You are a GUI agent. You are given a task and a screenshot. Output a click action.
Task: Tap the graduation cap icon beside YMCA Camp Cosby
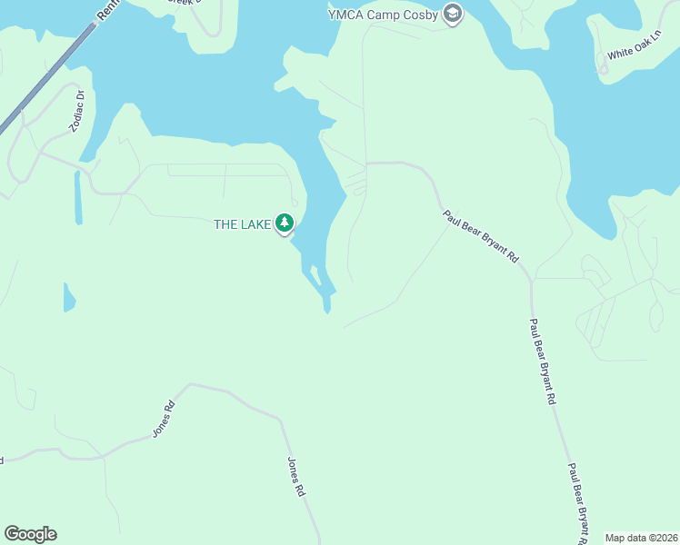click(x=453, y=14)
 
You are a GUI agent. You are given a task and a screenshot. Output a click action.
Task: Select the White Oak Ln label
click(x=633, y=54)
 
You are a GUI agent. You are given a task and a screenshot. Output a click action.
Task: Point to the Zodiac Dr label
click(x=77, y=111)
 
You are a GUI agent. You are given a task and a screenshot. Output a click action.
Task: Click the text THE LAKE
click(x=242, y=224)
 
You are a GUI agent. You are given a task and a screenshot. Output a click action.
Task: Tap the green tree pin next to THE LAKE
click(x=285, y=223)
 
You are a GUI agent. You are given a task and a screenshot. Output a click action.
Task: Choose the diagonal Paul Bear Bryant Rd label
click(x=480, y=236)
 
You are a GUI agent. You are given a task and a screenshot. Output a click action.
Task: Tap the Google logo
click(x=30, y=534)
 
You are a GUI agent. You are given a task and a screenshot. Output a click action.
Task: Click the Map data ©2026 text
click(x=640, y=538)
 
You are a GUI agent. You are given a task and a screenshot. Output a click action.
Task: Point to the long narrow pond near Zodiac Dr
click(x=78, y=197)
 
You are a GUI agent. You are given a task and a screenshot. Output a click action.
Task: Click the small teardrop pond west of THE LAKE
click(x=69, y=297)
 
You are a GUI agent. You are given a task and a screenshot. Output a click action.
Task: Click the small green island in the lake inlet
click(x=315, y=276)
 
